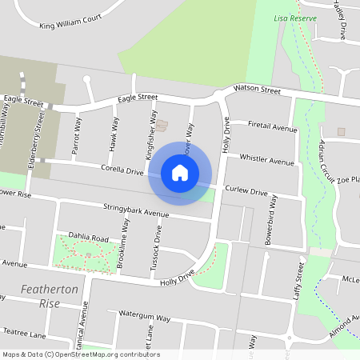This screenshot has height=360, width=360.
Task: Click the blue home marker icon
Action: point(180,173)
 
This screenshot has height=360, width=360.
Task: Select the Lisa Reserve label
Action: point(290,18)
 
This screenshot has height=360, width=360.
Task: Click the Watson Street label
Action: point(257,90)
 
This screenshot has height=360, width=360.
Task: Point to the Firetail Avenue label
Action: point(272,126)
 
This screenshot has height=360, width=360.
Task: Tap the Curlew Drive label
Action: point(246,192)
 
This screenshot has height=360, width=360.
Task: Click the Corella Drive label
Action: point(122,170)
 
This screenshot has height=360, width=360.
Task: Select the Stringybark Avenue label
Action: point(136,210)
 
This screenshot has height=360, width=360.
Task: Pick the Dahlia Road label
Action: point(88,238)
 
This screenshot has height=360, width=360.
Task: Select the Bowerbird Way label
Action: point(270,218)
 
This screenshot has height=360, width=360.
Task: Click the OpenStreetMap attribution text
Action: point(81,354)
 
